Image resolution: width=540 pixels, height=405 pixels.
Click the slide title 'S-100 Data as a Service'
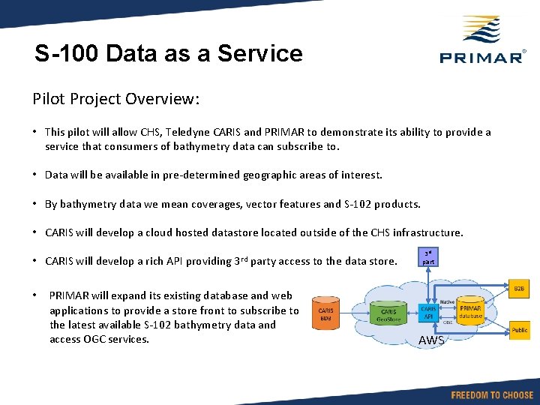click(x=169, y=54)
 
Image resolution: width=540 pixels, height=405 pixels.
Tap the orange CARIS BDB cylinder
click(x=325, y=314)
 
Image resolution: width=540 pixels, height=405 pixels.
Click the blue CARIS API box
click(x=428, y=312)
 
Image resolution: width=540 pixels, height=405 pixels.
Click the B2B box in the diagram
click(x=519, y=289)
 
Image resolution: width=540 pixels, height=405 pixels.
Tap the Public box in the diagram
click(x=519, y=330)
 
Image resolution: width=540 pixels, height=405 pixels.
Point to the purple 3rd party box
click(x=428, y=258)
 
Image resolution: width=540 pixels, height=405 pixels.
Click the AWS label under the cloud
click(x=431, y=341)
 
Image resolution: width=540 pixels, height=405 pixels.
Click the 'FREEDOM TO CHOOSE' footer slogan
click(x=492, y=394)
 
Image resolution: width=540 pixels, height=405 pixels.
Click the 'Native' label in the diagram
click(x=448, y=301)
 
